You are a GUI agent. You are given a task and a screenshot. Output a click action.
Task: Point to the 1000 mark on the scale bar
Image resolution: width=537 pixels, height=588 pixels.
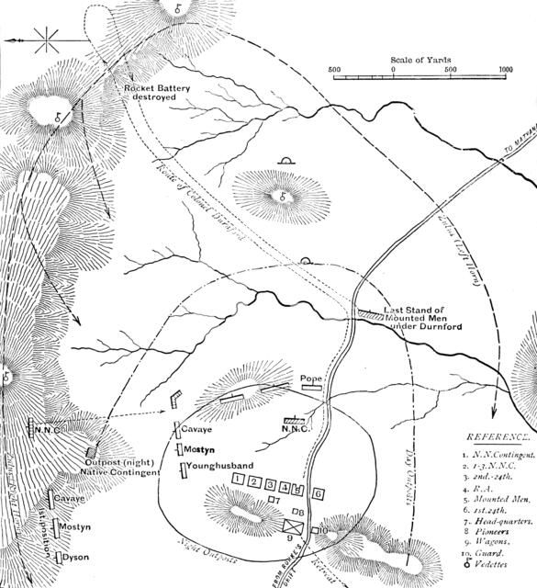click(504, 69)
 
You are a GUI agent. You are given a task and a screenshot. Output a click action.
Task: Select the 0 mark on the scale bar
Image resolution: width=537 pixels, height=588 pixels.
click(393, 69)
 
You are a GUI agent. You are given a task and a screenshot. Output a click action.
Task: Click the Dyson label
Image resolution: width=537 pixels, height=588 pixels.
click(76, 557)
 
